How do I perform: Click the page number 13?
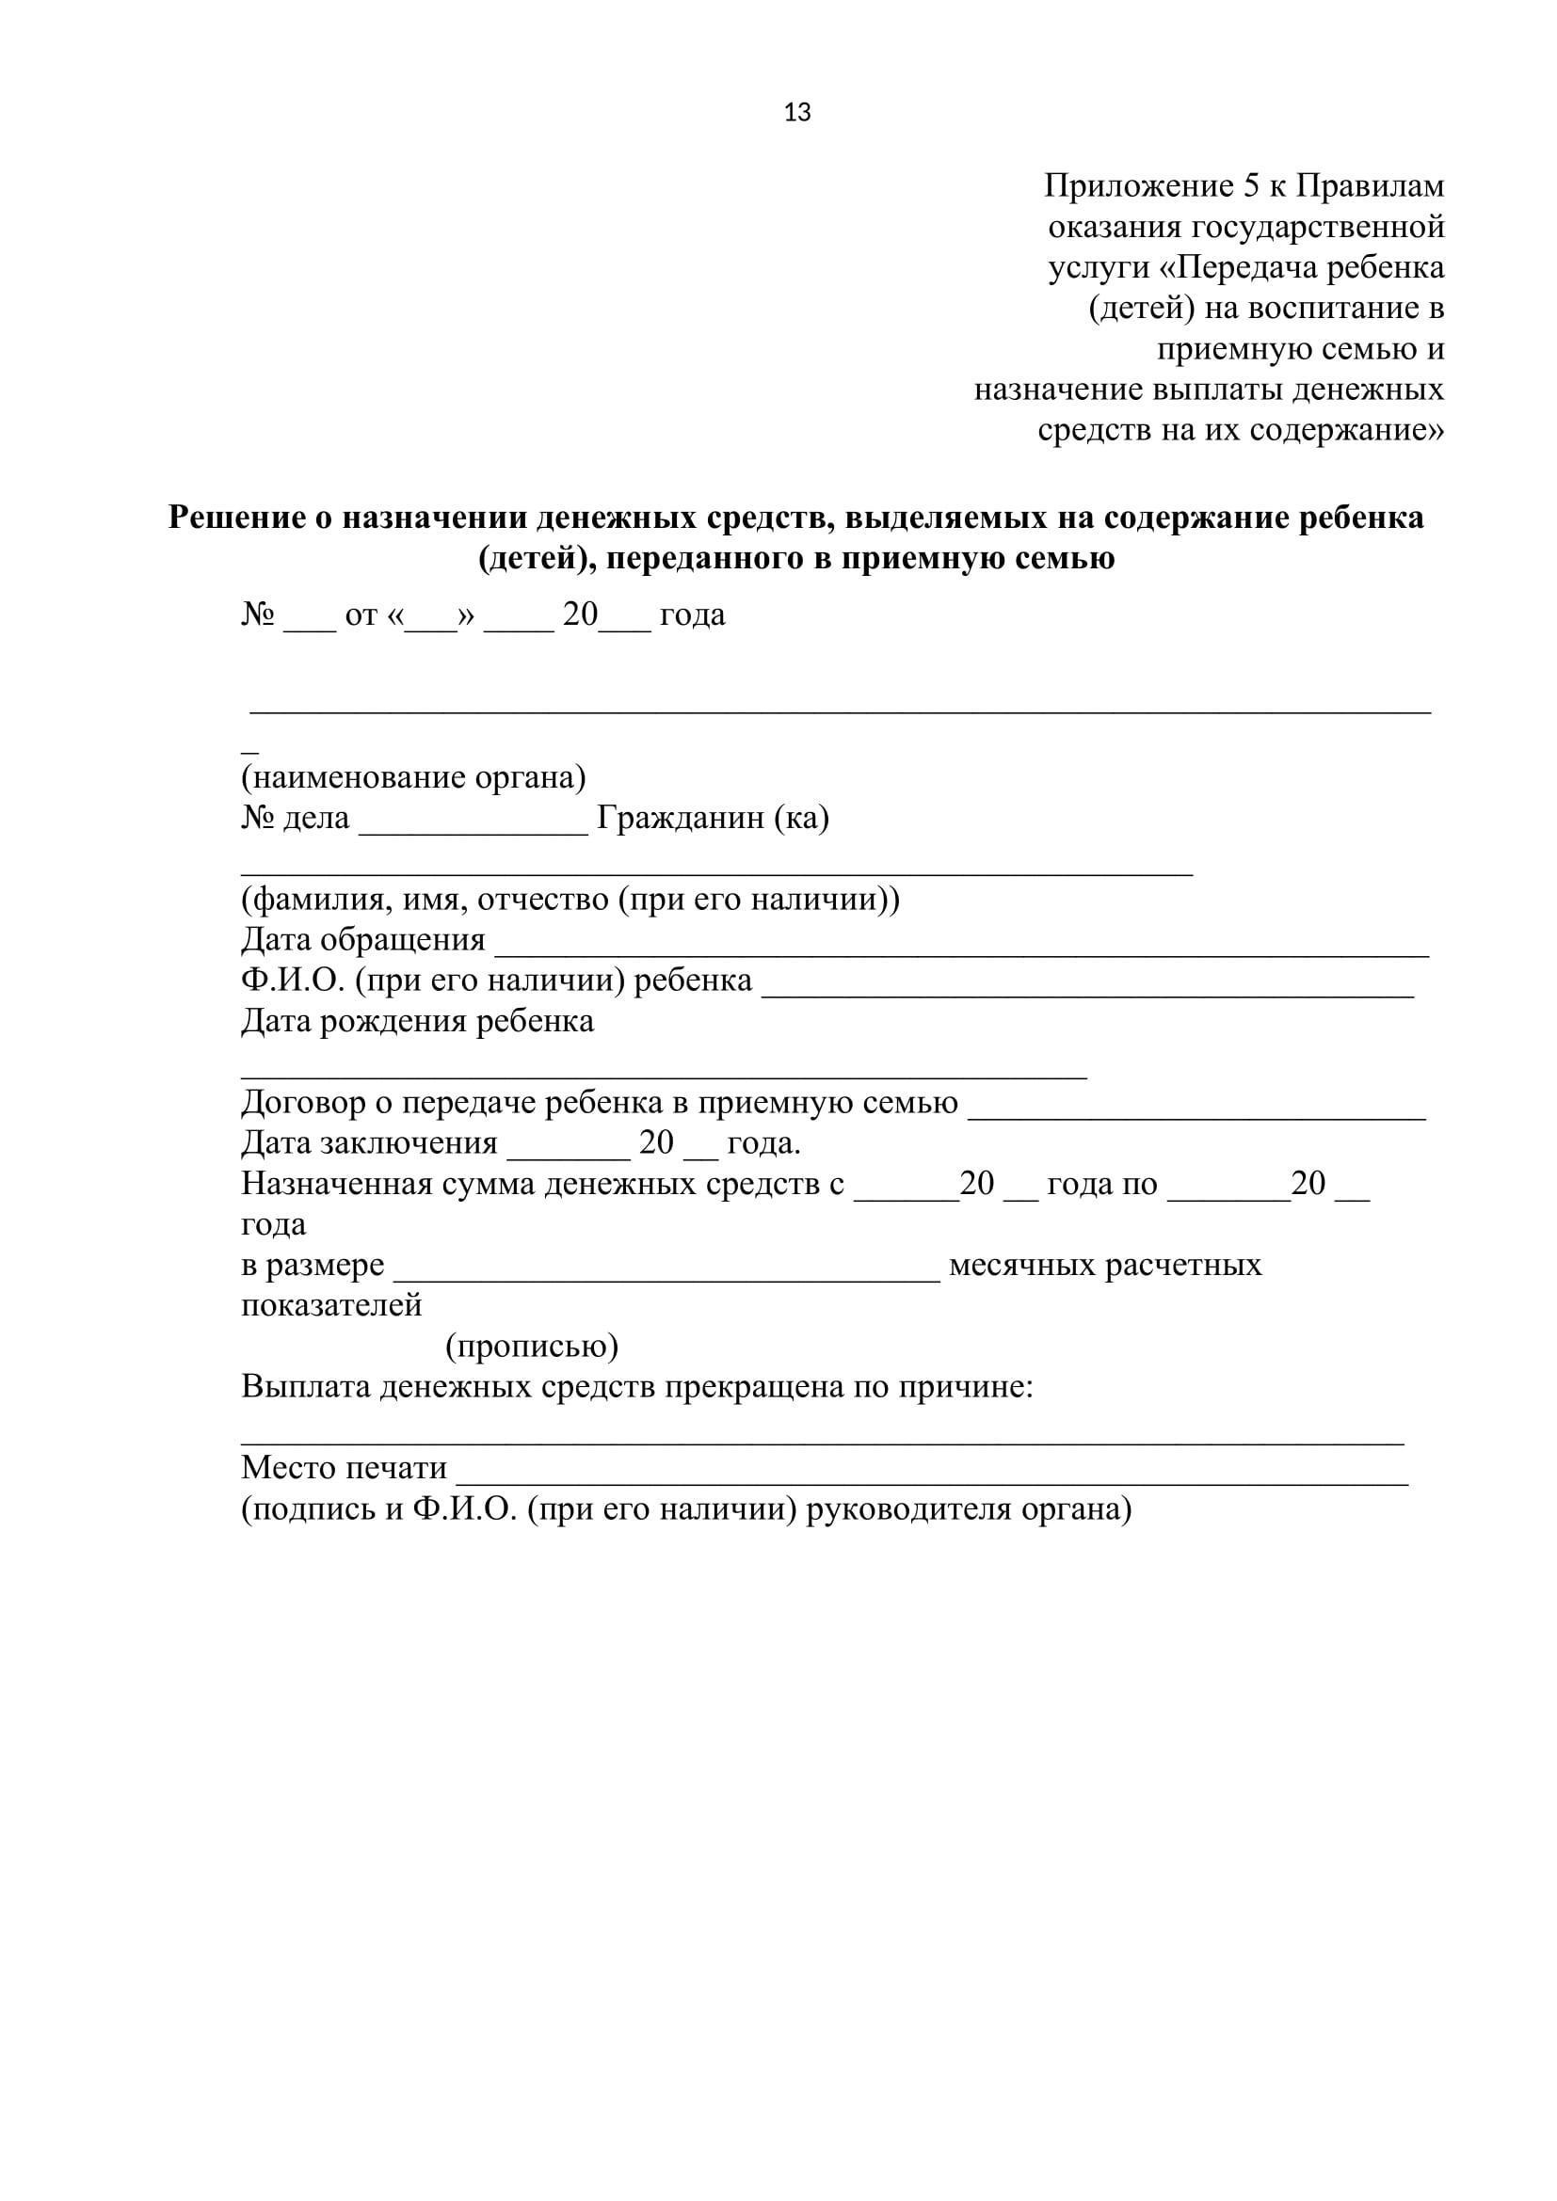tap(796, 113)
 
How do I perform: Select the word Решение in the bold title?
tap(239, 518)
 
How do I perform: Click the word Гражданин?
tap(680, 818)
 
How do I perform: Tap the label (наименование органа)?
tap(413, 776)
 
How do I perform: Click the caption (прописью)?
tap(531, 1347)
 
